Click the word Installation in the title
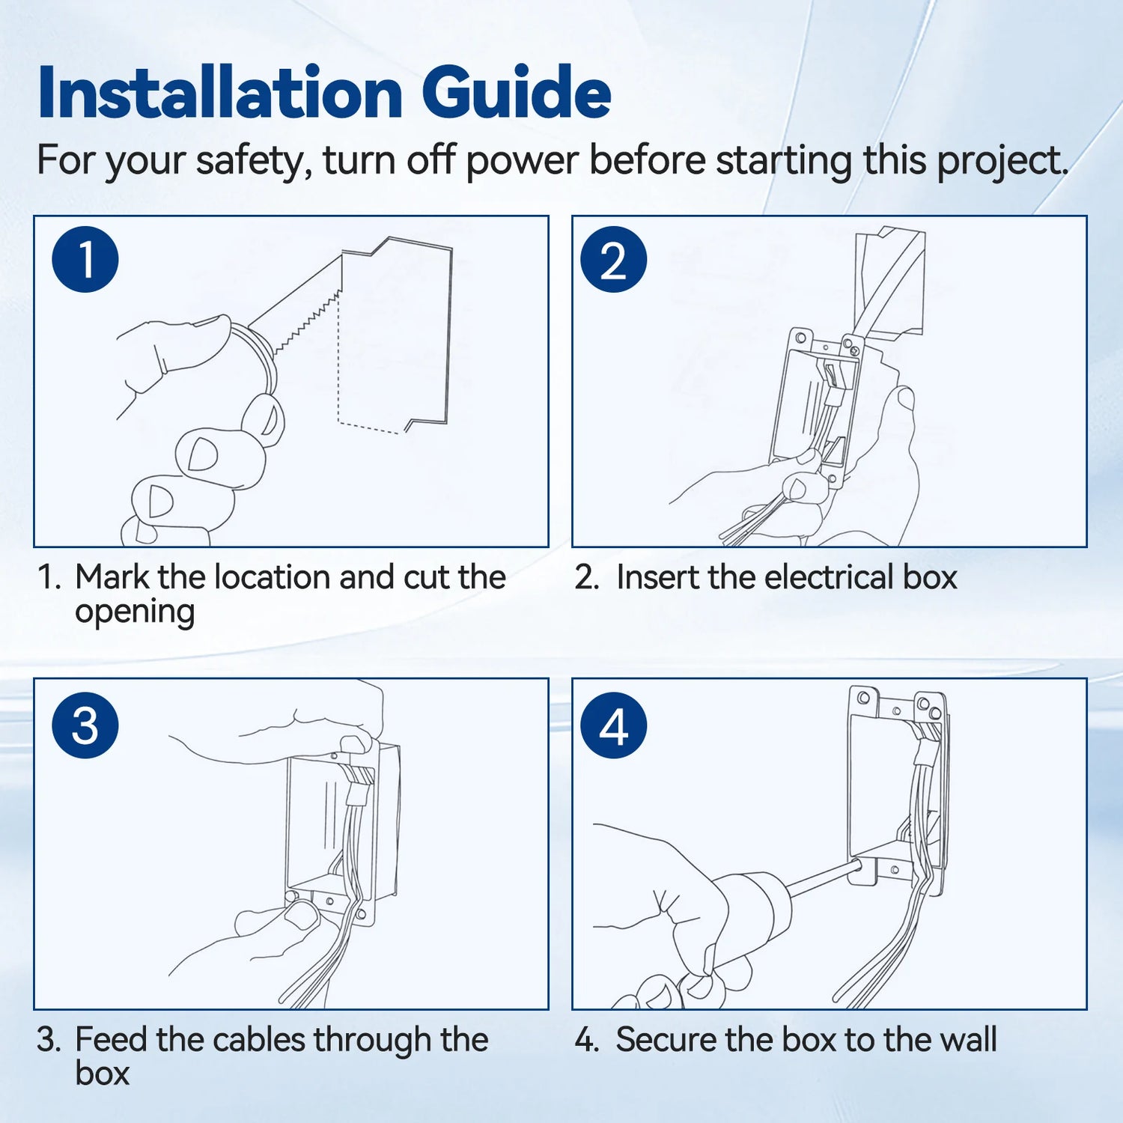[x=220, y=93]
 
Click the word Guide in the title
[x=516, y=93]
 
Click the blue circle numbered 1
[x=85, y=260]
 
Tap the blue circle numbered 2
[x=613, y=260]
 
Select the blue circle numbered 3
[x=85, y=725]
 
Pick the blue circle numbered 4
[x=613, y=725]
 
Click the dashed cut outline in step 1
[x=339, y=359]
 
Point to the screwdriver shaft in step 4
[x=824, y=877]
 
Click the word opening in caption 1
[x=135, y=612]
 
